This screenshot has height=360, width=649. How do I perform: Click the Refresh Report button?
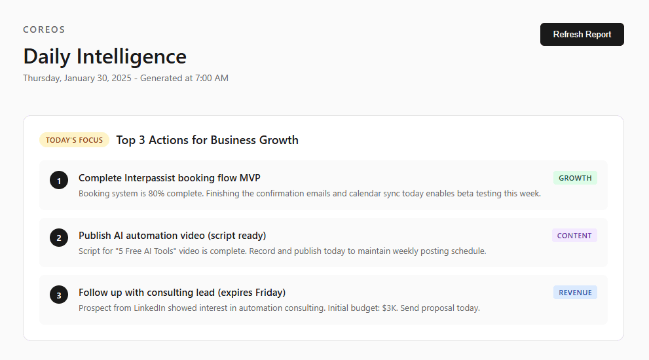(x=582, y=35)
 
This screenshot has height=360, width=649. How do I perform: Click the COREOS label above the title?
(x=44, y=29)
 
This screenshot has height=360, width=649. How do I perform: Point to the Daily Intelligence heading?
(x=105, y=56)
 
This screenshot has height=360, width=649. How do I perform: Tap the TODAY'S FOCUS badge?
(x=74, y=140)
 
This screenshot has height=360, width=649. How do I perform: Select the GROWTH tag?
(x=575, y=178)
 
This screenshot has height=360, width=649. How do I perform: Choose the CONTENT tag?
(x=574, y=236)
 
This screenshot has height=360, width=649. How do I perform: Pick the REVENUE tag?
(x=575, y=293)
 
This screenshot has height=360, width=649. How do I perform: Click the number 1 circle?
(x=59, y=181)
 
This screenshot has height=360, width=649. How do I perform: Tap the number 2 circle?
(x=59, y=238)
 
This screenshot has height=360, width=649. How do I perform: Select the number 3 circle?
(x=59, y=295)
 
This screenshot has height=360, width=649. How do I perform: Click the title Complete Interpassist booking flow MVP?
(x=170, y=178)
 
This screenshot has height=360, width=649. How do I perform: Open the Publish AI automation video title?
(x=172, y=236)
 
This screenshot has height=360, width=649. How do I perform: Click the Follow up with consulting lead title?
(x=182, y=293)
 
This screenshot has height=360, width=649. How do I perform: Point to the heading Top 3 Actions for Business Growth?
(x=207, y=140)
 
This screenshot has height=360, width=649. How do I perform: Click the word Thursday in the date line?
(x=41, y=78)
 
